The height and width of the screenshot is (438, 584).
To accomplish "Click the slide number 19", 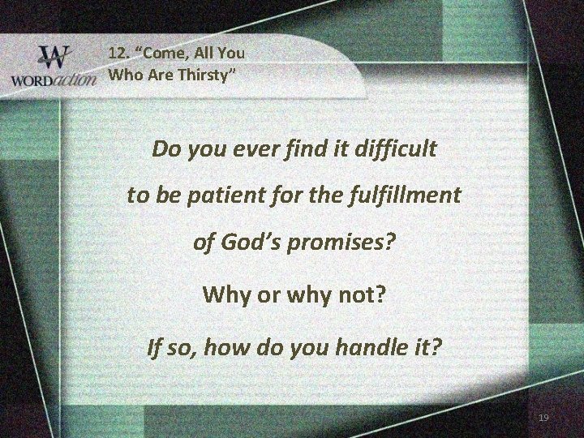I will (543, 418).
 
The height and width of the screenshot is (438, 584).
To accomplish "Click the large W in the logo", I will (55, 58).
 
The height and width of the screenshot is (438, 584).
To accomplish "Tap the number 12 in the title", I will (118, 54).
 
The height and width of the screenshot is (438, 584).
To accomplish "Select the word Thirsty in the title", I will (191, 76).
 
